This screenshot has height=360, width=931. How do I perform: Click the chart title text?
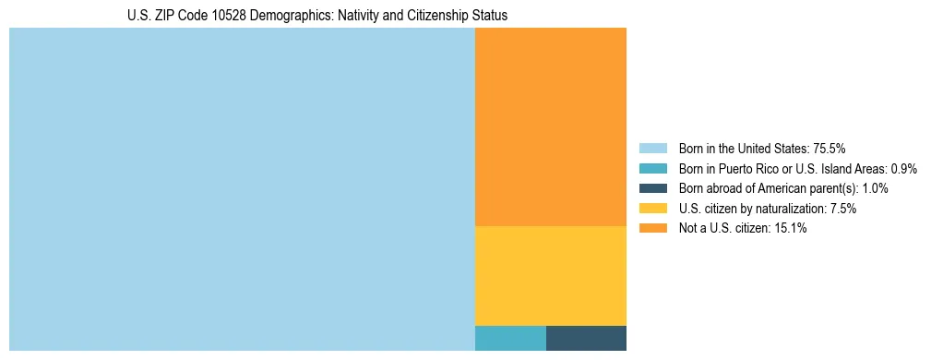[317, 16]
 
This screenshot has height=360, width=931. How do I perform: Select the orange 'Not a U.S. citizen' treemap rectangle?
[550, 126]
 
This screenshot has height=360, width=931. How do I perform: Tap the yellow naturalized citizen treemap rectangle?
[550, 275]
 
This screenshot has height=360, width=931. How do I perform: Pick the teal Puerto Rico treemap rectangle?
[510, 338]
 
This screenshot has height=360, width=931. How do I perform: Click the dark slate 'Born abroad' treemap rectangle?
[586, 338]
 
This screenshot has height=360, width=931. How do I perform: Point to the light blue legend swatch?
[652, 148]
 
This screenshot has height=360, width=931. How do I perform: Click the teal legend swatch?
[652, 168]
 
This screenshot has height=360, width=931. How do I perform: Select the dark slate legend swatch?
[652, 188]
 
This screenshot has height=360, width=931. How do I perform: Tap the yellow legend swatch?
[652, 209]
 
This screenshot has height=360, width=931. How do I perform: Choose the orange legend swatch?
[652, 228]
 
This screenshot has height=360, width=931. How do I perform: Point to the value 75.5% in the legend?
[830, 148]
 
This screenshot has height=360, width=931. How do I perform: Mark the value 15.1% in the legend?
[791, 228]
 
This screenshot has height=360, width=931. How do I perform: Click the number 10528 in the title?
[219, 16]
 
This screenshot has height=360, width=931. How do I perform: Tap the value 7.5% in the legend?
[841, 209]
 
